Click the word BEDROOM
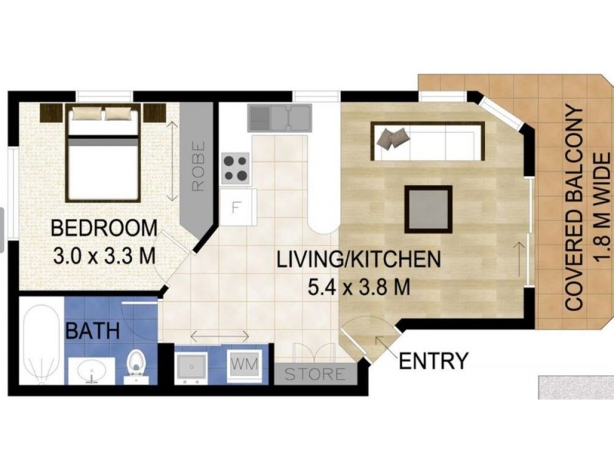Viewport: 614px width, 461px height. point(104,227)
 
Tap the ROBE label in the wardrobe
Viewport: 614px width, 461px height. point(199,166)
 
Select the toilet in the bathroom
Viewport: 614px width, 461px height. point(136,366)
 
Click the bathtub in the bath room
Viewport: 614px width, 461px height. point(41,340)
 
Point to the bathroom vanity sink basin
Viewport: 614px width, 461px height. point(91,371)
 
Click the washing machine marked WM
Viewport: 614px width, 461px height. point(245,364)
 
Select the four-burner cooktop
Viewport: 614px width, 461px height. point(236,168)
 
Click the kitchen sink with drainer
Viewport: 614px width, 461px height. point(279,118)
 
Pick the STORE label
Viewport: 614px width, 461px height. point(315,374)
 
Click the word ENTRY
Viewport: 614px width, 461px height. point(434,360)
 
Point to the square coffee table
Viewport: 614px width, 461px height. point(428,209)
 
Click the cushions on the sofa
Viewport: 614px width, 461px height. point(394,138)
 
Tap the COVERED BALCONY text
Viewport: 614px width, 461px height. point(575,208)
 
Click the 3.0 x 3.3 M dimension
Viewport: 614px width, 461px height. point(104,256)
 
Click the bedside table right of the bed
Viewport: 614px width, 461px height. point(154,113)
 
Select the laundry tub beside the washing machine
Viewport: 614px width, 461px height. point(191,366)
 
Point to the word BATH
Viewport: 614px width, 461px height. point(92,330)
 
